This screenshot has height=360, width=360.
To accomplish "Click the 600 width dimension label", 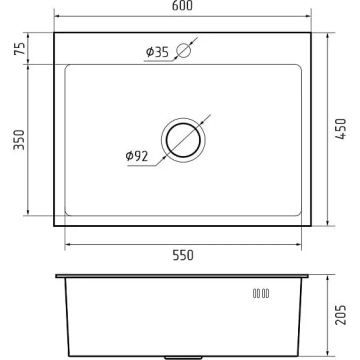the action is pyautogui.click(x=182, y=5).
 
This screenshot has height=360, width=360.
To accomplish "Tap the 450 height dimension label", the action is pyautogui.click(x=340, y=129).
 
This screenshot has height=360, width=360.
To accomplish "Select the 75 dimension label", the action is pyautogui.click(x=19, y=48).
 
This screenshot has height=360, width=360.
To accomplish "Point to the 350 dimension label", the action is pyautogui.click(x=19, y=140).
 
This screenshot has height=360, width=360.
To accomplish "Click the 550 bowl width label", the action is pyautogui.click(x=183, y=255).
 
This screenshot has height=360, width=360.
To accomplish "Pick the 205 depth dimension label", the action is pyautogui.click(x=340, y=315).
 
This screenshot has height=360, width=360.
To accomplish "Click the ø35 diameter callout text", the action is pyautogui.click(x=157, y=52).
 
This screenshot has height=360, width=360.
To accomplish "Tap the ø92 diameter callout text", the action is pyautogui.click(x=137, y=156).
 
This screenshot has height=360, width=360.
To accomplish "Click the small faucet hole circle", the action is pyautogui.click(x=183, y=50).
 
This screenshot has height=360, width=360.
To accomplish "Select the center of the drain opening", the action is pyautogui.click(x=183, y=140).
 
